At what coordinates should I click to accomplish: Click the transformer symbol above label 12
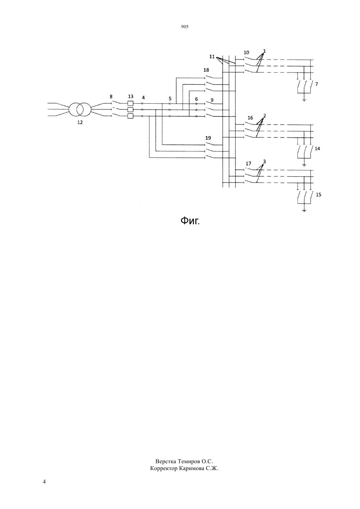point(80,109)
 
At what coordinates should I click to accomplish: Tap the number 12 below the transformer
point(80,122)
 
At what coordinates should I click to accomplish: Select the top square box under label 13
point(130,103)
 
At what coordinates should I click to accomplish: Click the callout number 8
point(111,97)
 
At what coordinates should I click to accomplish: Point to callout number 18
point(206,70)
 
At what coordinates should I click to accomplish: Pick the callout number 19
point(208,138)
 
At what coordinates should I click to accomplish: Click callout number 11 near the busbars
point(212,57)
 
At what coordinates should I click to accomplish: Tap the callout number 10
point(246,52)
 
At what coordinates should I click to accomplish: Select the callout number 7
point(316,84)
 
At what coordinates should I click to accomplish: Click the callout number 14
point(317,149)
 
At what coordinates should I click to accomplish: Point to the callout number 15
point(318,195)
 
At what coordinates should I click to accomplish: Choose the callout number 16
point(250,118)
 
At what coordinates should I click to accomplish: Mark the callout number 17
point(248,164)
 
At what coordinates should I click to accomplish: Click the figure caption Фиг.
point(190,220)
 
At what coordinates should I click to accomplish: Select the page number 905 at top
point(185,27)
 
